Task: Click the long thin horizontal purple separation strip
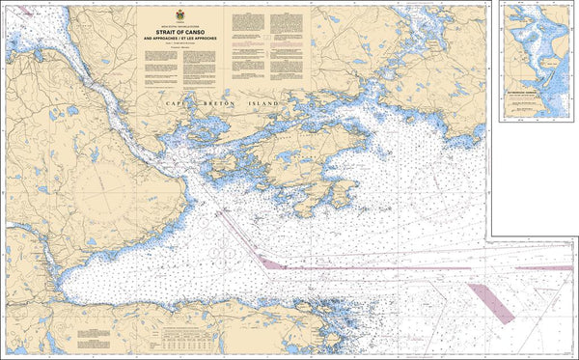(386, 268)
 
